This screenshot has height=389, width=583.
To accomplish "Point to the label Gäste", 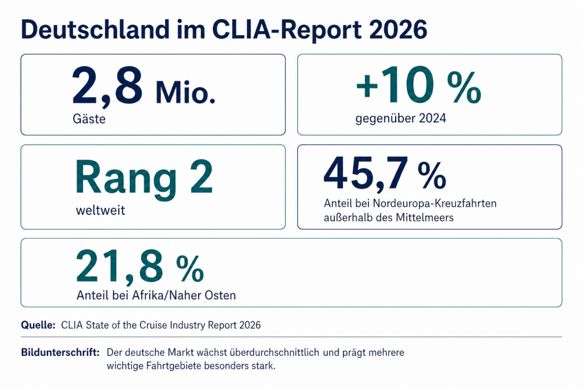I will point(89,120).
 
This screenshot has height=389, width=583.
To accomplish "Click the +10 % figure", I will point(418,88).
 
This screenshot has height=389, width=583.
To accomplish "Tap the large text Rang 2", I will point(144,177).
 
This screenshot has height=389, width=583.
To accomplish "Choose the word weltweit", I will point(100,210).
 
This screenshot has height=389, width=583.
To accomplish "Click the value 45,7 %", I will point(384,174).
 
